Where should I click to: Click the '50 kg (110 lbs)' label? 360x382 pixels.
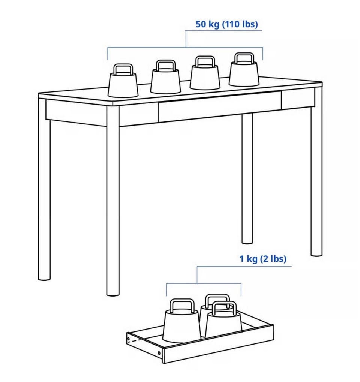pyautogui.click(x=226, y=24)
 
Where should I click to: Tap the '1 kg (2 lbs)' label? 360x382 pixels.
pyautogui.click(x=263, y=259)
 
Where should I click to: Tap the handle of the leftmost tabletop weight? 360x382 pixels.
pyautogui.click(x=123, y=69)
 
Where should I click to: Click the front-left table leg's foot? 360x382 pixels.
pyautogui.click(x=113, y=293)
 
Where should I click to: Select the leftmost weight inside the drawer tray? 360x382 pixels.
pyautogui.click(x=181, y=321)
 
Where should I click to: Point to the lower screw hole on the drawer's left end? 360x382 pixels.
pyautogui.click(x=159, y=352)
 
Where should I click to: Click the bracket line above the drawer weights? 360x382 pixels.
pyautogui.click(x=204, y=283)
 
